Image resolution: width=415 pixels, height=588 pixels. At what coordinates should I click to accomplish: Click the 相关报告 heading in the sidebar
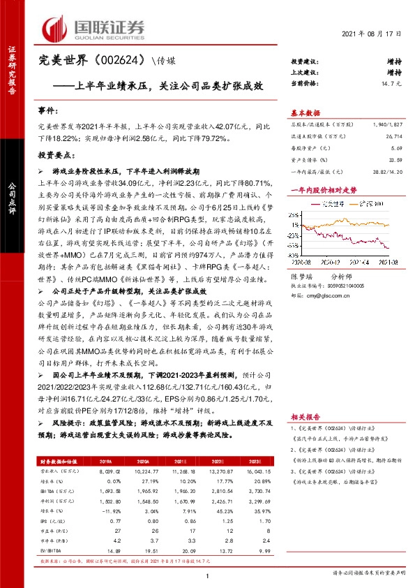(305, 413)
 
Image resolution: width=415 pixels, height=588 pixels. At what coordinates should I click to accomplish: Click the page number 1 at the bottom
(208, 575)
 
